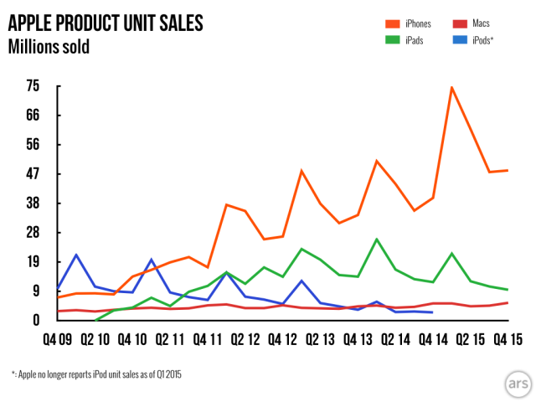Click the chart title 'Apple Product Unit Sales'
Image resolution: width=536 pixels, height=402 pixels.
click(106, 23)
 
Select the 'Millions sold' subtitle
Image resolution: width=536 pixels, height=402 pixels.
click(49, 47)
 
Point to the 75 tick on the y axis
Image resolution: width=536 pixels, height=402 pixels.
click(33, 85)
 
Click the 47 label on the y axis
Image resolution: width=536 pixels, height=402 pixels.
click(33, 173)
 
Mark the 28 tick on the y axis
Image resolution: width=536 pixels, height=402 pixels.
click(33, 232)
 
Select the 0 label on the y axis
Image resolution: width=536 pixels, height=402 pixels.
click(36, 320)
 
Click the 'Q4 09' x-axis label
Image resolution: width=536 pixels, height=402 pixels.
click(56, 340)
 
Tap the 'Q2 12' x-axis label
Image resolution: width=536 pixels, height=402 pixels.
click(245, 340)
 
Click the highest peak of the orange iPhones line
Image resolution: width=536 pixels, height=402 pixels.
click(452, 87)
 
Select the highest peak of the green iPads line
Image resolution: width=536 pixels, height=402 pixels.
click(377, 239)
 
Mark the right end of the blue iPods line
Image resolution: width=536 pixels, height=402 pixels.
click(432, 312)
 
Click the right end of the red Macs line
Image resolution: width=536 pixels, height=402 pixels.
click(508, 302)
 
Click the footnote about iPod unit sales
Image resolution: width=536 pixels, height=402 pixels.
click(96, 374)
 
